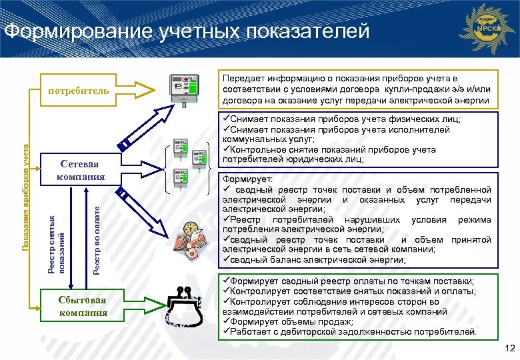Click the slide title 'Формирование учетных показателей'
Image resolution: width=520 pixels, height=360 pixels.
click(187, 31)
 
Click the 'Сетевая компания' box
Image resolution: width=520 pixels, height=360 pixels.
click(82, 170)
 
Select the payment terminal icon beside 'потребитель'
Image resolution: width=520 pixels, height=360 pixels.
click(185, 89)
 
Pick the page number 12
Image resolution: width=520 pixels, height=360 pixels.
click(510, 349)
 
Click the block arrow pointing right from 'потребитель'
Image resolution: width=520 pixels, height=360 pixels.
click(139, 89)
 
